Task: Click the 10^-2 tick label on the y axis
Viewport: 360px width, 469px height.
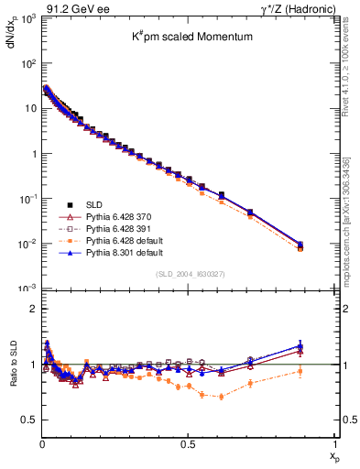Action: coord(26,244)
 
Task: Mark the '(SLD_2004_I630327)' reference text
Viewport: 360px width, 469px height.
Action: coord(188,275)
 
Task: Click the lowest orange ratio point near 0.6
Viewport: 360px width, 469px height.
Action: coord(221,397)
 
